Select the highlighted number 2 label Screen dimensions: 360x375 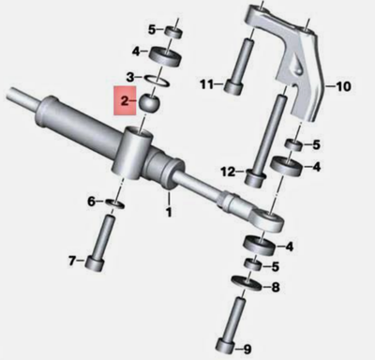tap(121, 97)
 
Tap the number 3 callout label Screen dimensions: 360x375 tap(134, 77)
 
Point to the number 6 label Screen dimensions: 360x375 tap(91, 202)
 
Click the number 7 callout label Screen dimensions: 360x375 tap(74, 260)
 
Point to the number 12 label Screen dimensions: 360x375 tap(226, 171)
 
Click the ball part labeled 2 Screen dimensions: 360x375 tap(149, 100)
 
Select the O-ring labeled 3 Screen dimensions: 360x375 tap(157, 77)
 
